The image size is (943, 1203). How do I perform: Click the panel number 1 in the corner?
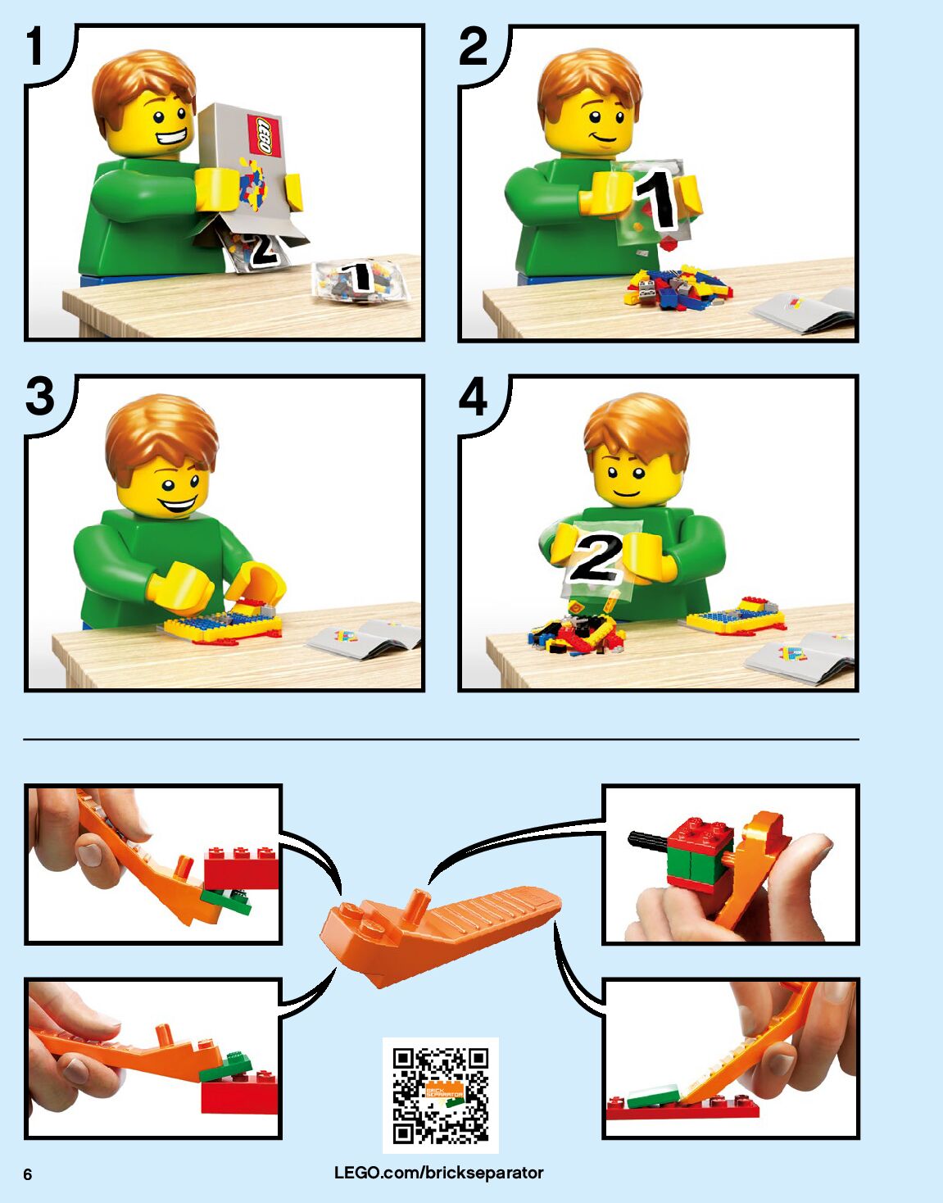point(34,47)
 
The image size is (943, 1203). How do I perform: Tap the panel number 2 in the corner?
point(474,47)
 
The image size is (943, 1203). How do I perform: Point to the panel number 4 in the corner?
point(474,397)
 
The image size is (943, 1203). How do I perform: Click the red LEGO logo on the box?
point(264,136)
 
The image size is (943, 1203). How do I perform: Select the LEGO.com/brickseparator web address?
point(439,1173)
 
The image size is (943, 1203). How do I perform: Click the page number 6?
point(28,1175)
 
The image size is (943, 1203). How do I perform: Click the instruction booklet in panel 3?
point(364,639)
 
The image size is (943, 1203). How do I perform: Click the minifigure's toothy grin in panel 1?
point(171,134)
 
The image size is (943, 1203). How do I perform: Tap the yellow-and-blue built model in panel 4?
point(736,616)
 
